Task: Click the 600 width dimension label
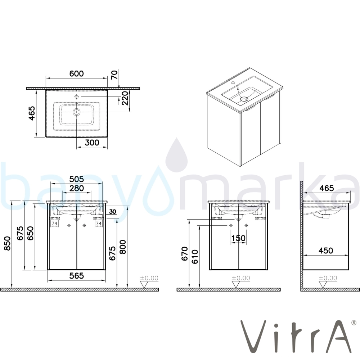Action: [76, 74]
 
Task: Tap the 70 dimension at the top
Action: [114, 75]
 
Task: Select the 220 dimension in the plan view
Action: [125, 98]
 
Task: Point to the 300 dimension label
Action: [92, 143]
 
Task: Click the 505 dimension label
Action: [76, 179]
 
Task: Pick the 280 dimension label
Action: [76, 188]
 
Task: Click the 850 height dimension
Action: [7, 243]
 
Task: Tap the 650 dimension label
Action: [30, 233]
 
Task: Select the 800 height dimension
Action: [123, 247]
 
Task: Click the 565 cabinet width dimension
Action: [76, 275]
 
